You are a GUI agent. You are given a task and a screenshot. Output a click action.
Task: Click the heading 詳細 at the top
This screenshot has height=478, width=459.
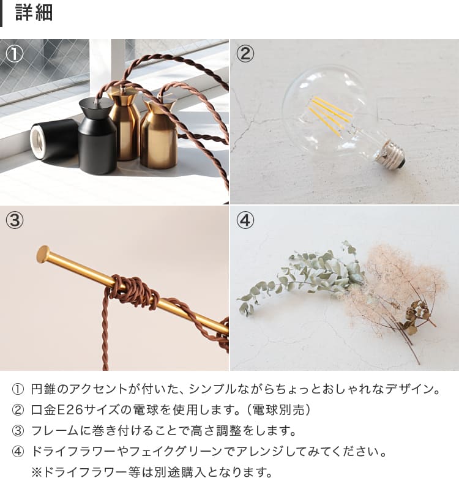point(34,13)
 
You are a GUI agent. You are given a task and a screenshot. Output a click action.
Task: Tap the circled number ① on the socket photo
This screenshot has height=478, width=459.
point(14,54)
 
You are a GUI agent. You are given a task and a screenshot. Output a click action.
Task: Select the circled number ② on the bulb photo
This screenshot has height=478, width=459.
point(245,54)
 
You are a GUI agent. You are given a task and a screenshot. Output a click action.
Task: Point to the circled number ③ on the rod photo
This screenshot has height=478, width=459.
point(14,220)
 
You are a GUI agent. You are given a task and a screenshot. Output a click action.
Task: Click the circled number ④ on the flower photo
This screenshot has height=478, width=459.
point(245,220)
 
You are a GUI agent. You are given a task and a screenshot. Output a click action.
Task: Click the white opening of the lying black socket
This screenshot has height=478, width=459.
point(38,141)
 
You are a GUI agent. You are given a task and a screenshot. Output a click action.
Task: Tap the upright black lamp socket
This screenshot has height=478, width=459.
point(97,136)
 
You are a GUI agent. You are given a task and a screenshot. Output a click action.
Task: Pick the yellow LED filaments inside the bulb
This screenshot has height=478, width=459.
point(330,115)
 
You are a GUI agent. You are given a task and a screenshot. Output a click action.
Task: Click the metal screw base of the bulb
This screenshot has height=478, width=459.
point(393,154)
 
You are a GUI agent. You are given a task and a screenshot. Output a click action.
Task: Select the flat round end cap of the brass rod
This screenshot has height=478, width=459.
point(43,254)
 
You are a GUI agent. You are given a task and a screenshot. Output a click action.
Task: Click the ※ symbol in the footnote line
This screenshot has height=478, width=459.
point(37,472)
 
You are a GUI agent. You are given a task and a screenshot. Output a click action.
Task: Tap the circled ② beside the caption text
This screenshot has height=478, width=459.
point(18,409)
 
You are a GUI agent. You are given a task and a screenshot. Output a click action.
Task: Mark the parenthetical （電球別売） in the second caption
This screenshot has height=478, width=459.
point(278,409)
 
